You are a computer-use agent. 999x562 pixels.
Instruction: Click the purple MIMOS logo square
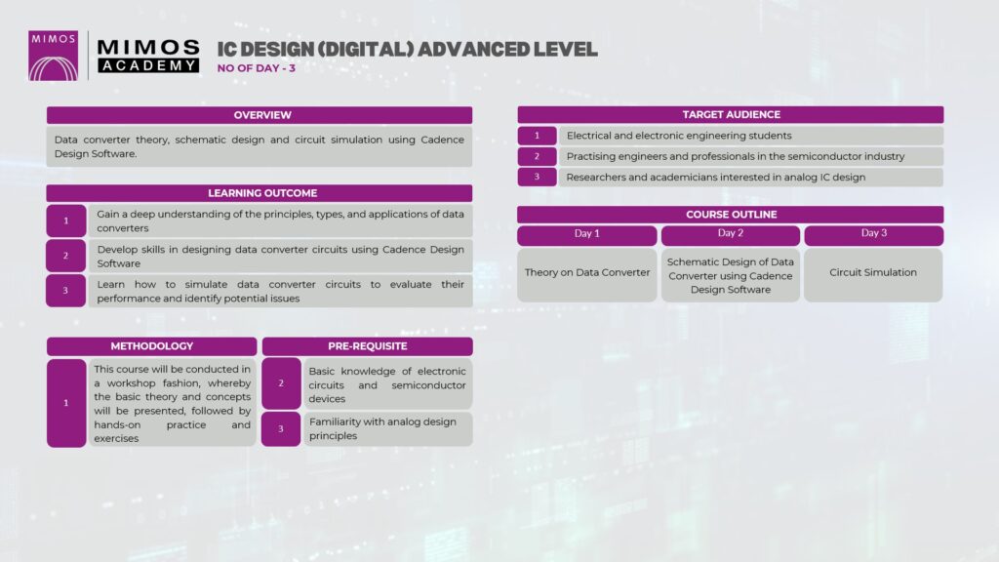point(53,56)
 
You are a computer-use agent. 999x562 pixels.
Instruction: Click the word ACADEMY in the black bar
point(148,65)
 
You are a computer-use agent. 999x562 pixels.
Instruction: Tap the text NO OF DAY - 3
point(257,68)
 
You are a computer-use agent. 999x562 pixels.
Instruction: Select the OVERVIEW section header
point(260,115)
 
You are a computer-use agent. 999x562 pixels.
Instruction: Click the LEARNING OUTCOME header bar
point(260,193)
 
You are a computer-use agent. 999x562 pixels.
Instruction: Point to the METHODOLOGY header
point(151,346)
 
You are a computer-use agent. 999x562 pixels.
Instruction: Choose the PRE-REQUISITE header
point(367,346)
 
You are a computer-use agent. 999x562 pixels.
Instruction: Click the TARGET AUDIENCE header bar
point(730,115)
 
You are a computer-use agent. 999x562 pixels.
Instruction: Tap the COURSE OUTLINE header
point(730,214)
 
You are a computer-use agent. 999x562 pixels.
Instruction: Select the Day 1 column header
point(586,234)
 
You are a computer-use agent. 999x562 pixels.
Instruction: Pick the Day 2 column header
point(730,234)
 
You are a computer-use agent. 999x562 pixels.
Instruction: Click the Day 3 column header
point(873,234)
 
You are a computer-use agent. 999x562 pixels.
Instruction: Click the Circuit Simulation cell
point(873,274)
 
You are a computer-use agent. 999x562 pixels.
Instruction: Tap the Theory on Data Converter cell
point(586,274)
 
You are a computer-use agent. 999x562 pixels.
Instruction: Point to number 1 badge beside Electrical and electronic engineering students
point(538,136)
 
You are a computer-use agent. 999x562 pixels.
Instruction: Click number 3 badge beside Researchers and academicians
point(538,177)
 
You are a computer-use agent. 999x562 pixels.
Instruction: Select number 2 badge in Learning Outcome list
point(65,256)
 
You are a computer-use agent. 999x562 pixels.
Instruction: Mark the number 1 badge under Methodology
point(66,403)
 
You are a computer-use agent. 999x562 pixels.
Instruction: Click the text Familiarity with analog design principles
point(382,429)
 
